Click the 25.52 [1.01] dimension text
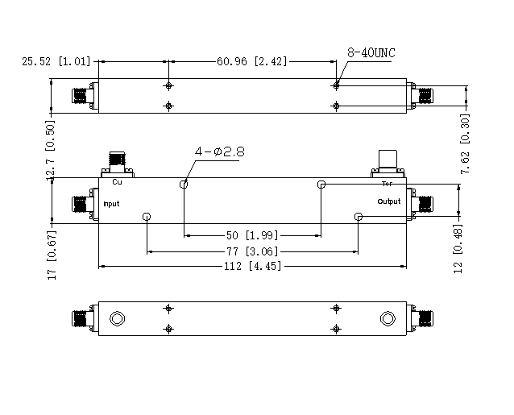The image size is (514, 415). [x=57, y=61]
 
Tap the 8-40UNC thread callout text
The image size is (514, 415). [x=371, y=52]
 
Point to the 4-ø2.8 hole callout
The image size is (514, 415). [x=217, y=151]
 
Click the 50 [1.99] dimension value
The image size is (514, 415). [x=251, y=235]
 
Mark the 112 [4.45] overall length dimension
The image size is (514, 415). [x=251, y=267]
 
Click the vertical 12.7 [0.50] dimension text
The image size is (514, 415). [x=51, y=154]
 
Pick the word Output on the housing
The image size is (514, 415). [x=388, y=201]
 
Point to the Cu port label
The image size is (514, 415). [x=117, y=182]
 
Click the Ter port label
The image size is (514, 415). [x=386, y=183]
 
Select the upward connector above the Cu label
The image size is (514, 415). [x=118, y=160]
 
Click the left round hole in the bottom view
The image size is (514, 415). [x=117, y=318]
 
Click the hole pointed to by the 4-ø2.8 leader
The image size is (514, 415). [x=184, y=185]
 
